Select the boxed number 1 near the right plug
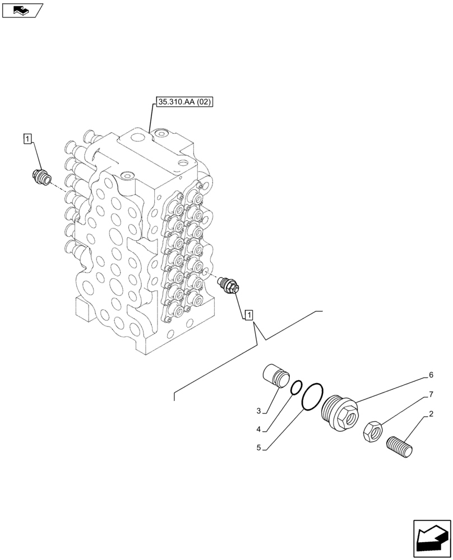[x=249, y=314]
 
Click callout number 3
[x=259, y=412]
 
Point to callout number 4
[x=259, y=430]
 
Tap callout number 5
[x=259, y=447]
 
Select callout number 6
[x=431, y=375]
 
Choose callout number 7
[x=431, y=395]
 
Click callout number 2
[x=431, y=415]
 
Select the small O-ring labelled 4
[x=297, y=387]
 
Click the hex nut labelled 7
[x=373, y=431]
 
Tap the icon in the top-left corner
[x=22, y=10]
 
